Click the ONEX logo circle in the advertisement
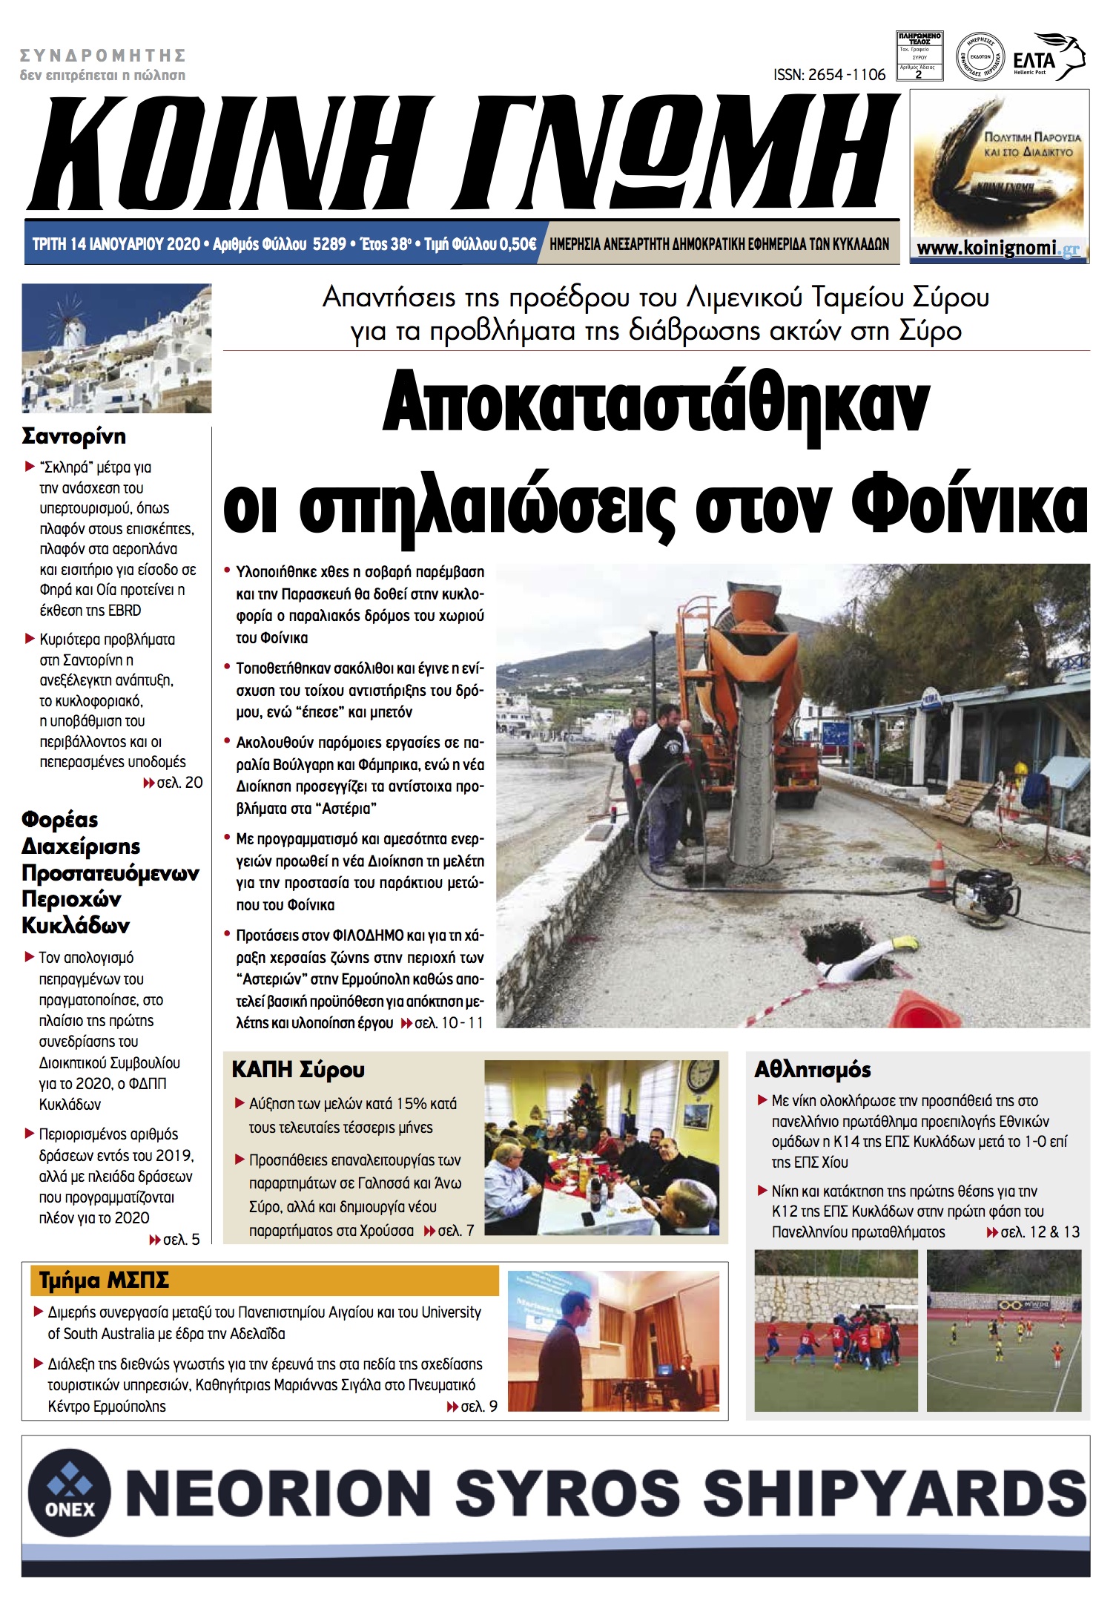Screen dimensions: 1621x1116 pyautogui.click(x=70, y=1492)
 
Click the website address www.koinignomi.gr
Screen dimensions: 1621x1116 pyautogui.click(x=997, y=249)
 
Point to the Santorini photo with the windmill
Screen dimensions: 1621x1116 pyautogui.click(x=116, y=348)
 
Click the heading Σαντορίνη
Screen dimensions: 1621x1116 pyautogui.click(x=74, y=435)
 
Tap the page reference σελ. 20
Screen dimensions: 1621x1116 pyautogui.click(x=179, y=783)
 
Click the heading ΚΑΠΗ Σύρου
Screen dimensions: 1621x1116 pyautogui.click(x=298, y=1070)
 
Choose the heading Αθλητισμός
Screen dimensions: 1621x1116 pyautogui.click(x=812, y=1070)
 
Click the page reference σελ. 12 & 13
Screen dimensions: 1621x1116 pyautogui.click(x=1039, y=1232)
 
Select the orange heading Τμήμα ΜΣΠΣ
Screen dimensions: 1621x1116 pyautogui.click(x=104, y=1281)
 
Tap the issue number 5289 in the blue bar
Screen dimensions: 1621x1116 pyautogui.click(x=329, y=244)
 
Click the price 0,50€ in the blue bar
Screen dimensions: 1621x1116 pyautogui.click(x=518, y=244)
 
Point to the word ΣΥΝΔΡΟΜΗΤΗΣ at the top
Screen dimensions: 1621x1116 pyautogui.click(x=102, y=56)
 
